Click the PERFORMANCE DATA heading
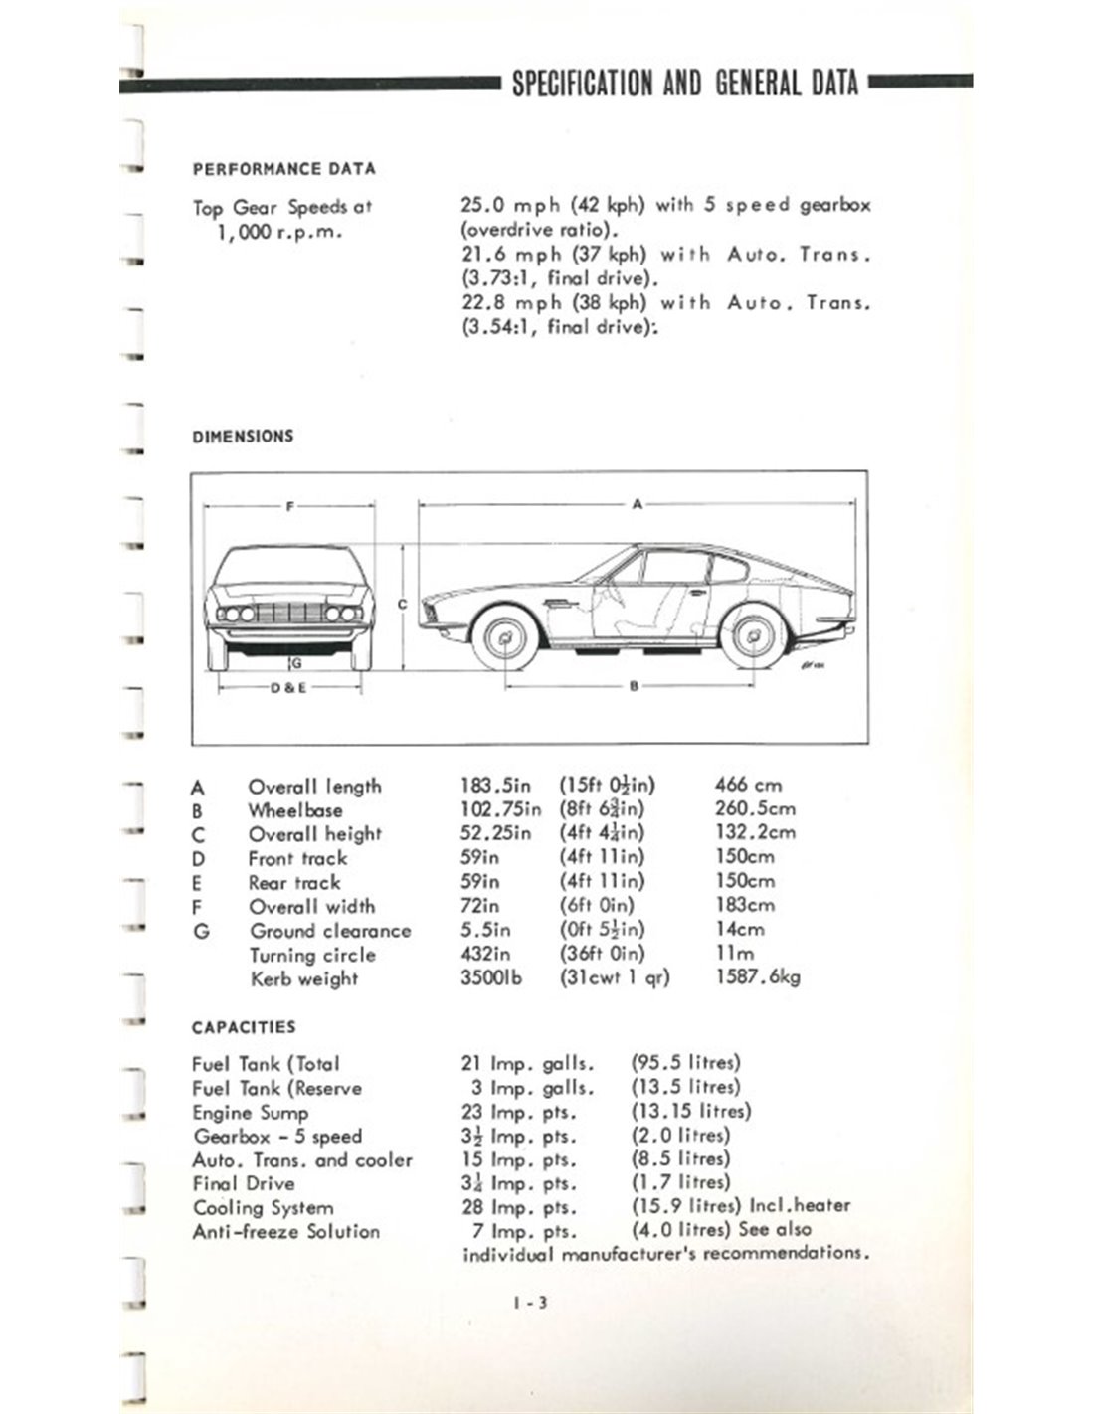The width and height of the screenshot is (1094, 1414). (283, 169)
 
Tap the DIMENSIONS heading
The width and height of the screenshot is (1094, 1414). (243, 436)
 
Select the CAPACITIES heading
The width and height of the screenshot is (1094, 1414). (244, 1027)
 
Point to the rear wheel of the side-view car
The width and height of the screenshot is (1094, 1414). (753, 636)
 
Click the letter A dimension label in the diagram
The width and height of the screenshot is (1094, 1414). (638, 504)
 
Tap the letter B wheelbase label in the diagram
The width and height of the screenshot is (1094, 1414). (634, 686)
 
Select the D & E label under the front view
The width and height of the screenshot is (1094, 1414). (288, 687)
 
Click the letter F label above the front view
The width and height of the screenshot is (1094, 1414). (289, 506)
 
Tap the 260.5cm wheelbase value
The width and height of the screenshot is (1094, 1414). (755, 809)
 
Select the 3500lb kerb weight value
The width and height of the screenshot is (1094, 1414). (491, 977)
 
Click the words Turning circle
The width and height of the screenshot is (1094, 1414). (312, 955)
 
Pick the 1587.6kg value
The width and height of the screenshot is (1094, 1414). (758, 977)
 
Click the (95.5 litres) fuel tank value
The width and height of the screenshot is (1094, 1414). (685, 1063)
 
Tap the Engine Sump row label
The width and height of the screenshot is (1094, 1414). (251, 1112)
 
